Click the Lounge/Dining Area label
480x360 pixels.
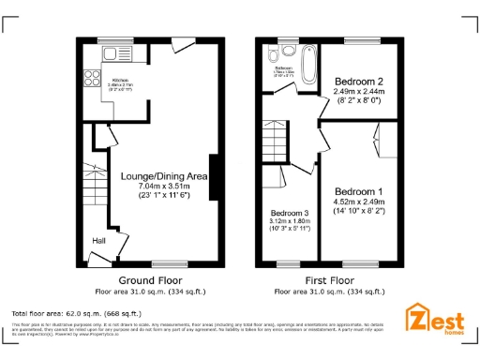click(x=164, y=175)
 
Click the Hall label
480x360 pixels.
click(x=98, y=241)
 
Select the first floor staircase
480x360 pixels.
click(x=273, y=141)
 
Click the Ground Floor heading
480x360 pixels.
click(x=150, y=280)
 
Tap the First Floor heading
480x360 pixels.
click(x=328, y=280)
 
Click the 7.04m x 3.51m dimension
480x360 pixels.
click(x=164, y=186)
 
